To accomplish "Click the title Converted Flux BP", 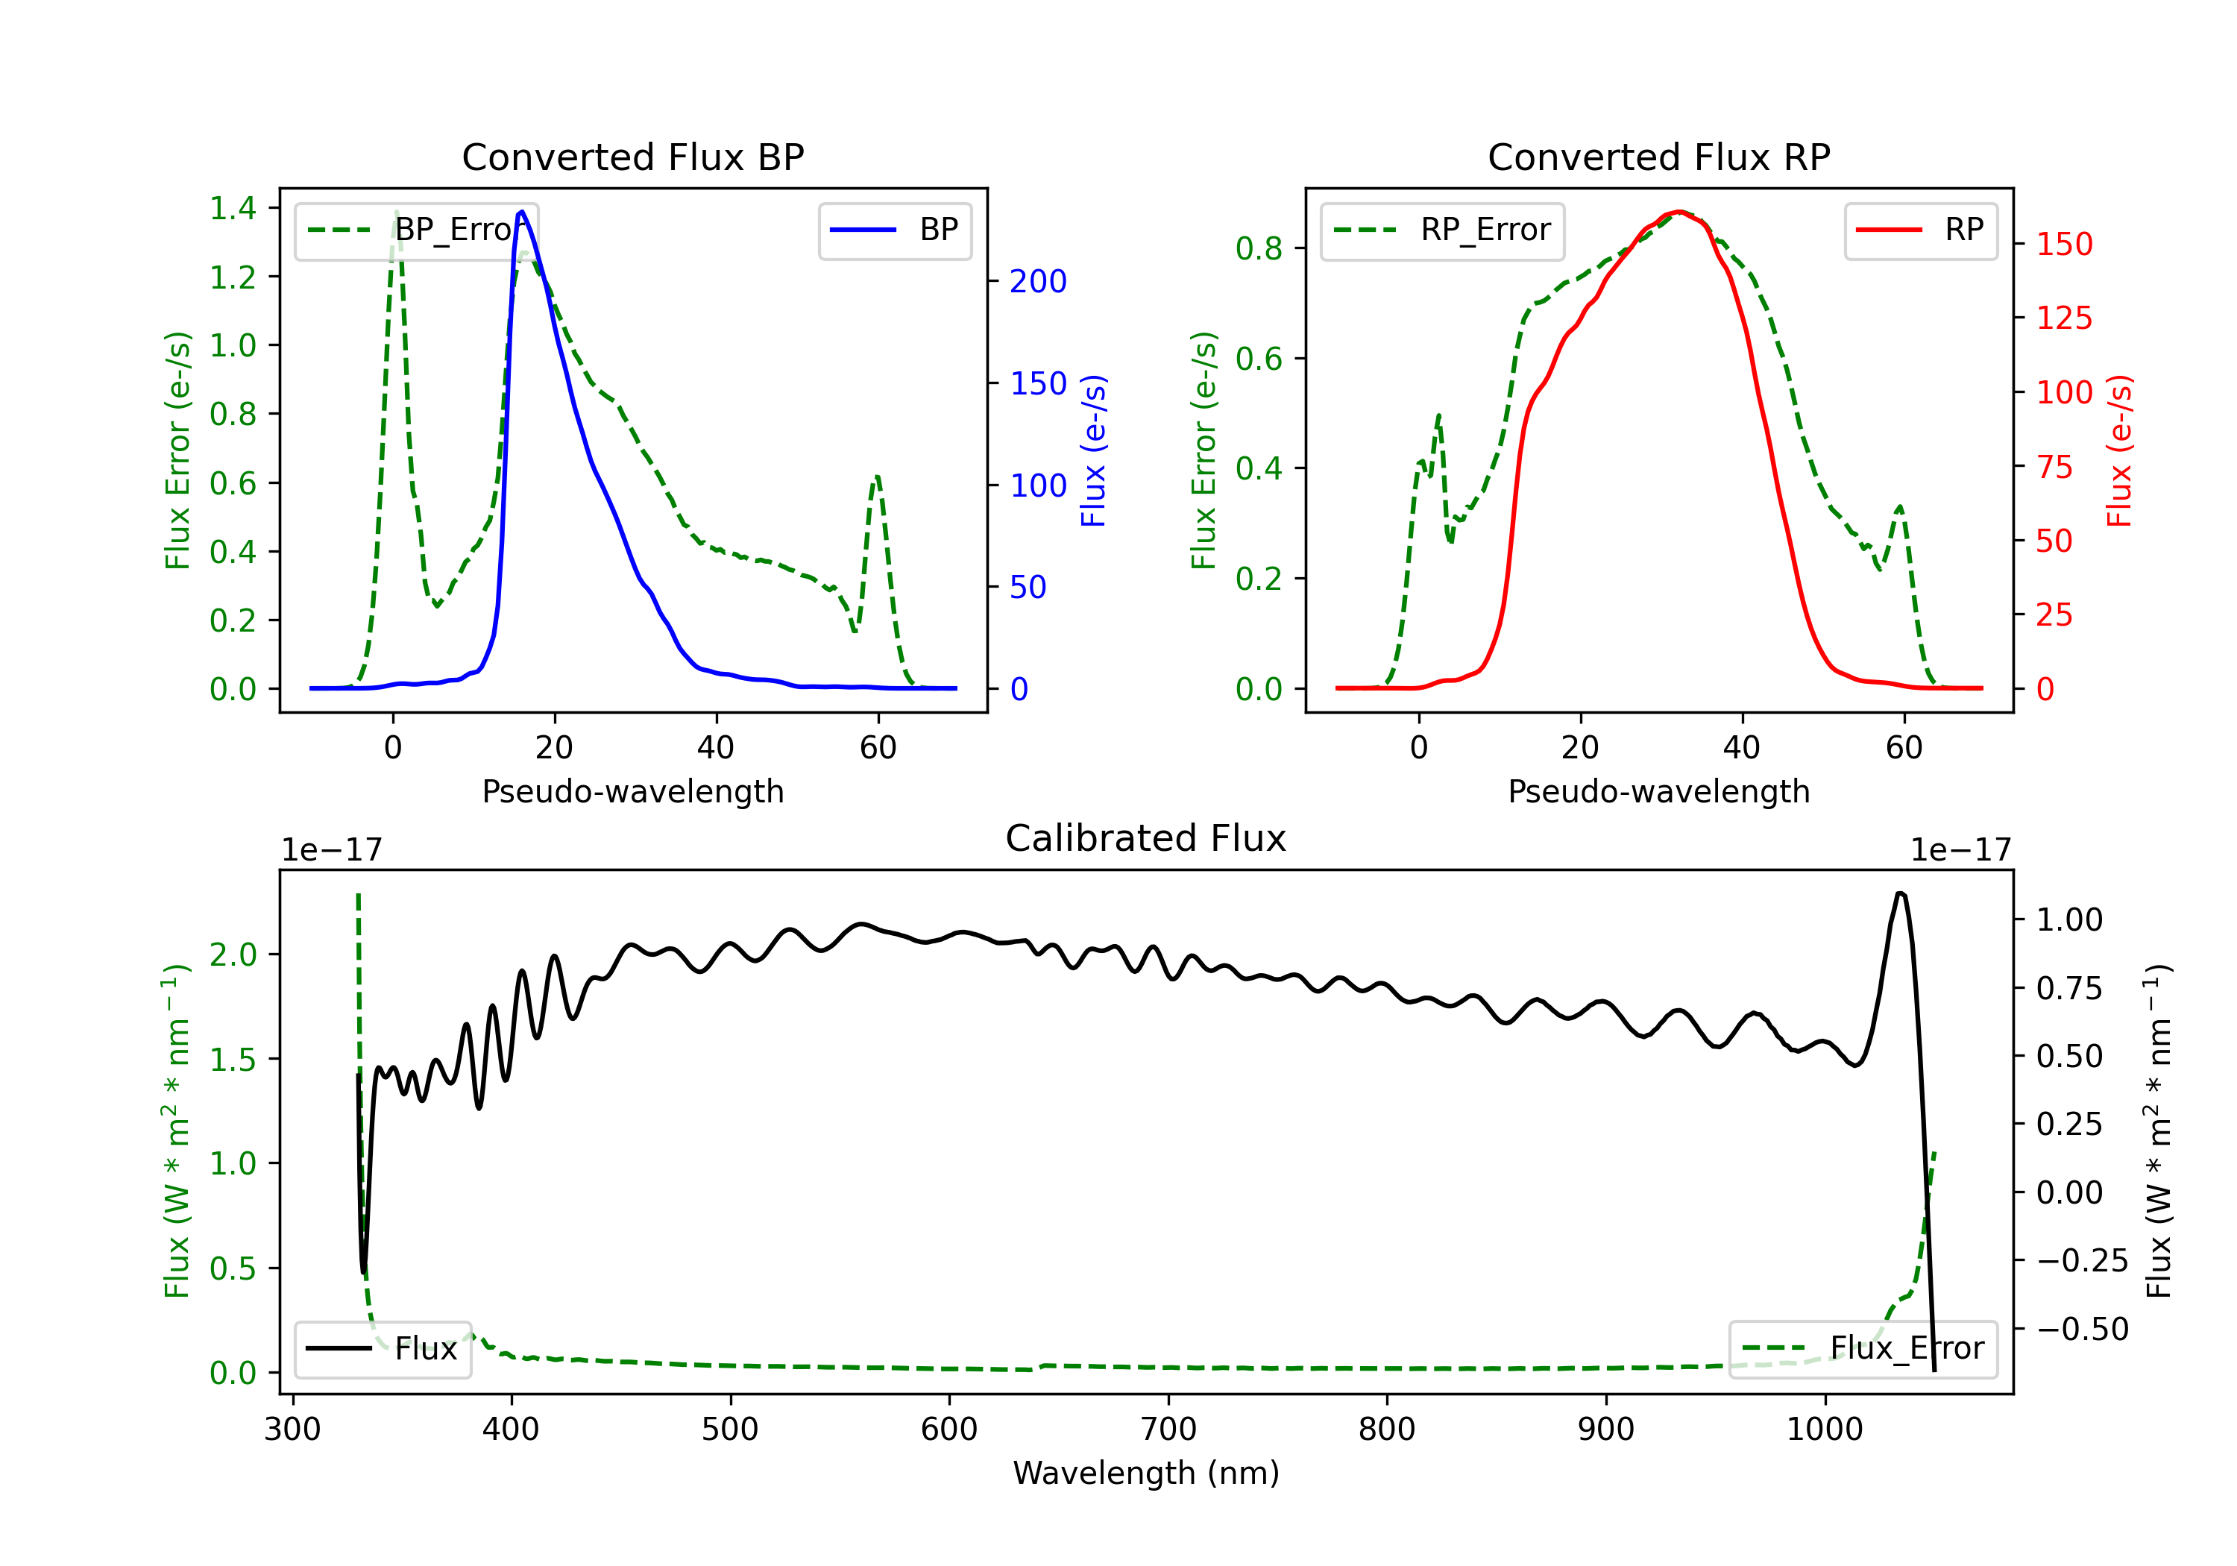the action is point(632,157).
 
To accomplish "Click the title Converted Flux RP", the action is point(1658,157).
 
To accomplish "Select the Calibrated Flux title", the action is point(1146,838).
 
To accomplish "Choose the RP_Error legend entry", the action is point(1442,230).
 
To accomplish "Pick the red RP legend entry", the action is point(1920,230).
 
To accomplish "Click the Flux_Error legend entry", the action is point(1863,1349).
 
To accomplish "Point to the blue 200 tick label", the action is point(1038,282).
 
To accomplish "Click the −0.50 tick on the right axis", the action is point(2082,1329).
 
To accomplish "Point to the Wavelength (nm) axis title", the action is point(1146,1473).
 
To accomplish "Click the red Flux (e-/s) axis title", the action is point(2120,450).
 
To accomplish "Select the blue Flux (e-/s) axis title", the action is point(1094,450).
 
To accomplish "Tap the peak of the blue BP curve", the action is point(522,212).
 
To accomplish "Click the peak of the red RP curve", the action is point(1678,212).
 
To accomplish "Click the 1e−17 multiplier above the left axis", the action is point(331,850).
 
